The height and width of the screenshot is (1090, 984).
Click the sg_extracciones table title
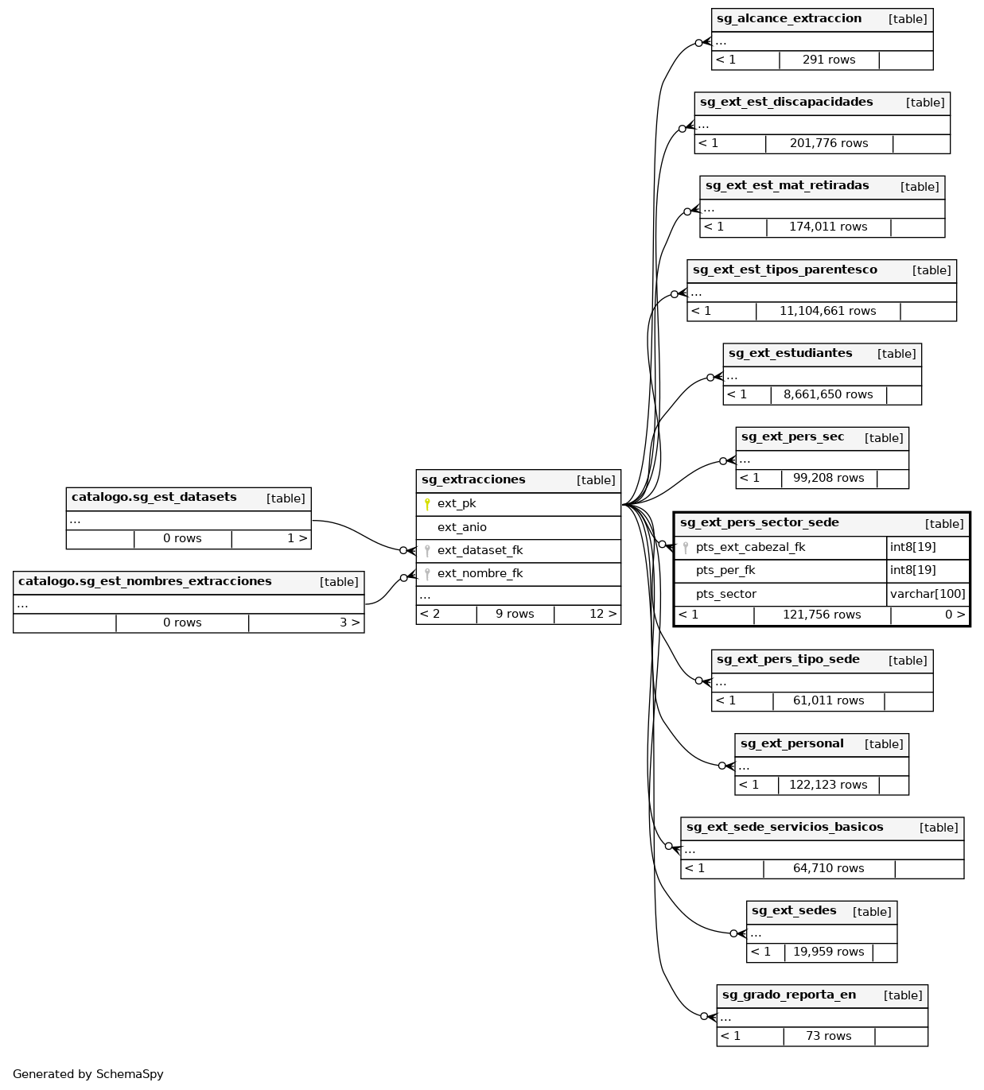click(x=473, y=480)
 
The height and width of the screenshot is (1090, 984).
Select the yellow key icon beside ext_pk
click(x=427, y=504)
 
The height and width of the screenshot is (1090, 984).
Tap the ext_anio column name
click(x=461, y=527)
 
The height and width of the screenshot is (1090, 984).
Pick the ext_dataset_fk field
click(x=480, y=550)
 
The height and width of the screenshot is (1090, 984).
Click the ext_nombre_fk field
click(x=480, y=573)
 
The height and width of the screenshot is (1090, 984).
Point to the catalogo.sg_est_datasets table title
click(x=154, y=498)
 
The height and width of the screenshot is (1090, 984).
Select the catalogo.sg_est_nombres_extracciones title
click(x=145, y=582)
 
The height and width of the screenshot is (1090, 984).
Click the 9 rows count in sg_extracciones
click(x=515, y=614)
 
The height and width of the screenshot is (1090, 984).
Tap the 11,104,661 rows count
click(x=827, y=311)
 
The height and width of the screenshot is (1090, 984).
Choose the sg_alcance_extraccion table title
click(x=788, y=19)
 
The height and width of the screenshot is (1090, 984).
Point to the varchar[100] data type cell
click(x=928, y=594)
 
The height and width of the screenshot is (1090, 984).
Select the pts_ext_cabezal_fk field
click(x=750, y=547)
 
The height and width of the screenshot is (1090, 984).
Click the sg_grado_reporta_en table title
click(x=788, y=995)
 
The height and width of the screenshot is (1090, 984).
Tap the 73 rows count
click(x=828, y=1036)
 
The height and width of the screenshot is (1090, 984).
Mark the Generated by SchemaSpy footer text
click(x=88, y=1074)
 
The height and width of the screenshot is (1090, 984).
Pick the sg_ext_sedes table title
click(x=794, y=911)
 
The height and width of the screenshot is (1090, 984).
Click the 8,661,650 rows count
click(x=827, y=394)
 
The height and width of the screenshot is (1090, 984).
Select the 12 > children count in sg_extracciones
click(x=602, y=614)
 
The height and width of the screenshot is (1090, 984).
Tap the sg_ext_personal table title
click(x=791, y=744)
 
